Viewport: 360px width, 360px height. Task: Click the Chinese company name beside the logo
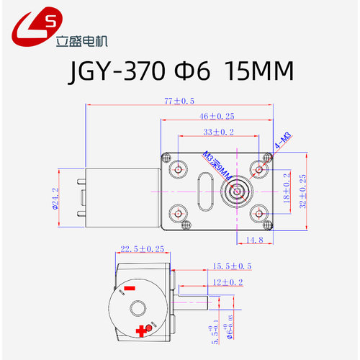[81, 37]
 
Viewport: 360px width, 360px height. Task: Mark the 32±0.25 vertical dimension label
[303, 192]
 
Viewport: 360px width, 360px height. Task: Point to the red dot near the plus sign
[149, 328]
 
